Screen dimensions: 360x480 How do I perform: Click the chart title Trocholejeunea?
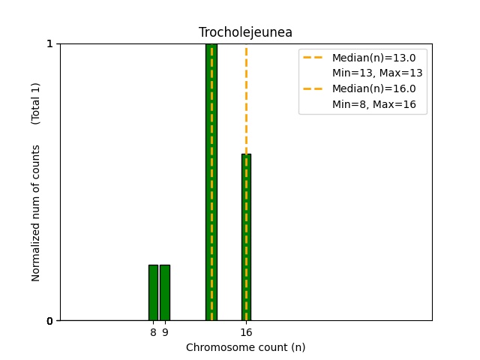[x=245, y=32]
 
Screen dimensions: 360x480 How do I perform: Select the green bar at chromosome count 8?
[x=153, y=292]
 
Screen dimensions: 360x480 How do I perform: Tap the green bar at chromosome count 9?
[x=164, y=292]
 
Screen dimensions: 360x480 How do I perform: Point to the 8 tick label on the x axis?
[x=153, y=331]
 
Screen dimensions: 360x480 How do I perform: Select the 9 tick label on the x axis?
[x=164, y=331]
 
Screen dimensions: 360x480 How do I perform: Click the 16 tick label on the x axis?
[x=246, y=331]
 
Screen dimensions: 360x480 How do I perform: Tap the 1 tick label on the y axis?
[x=50, y=43]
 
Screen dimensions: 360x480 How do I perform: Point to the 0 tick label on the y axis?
[x=50, y=321]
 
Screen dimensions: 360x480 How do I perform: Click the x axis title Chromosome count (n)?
[x=245, y=347]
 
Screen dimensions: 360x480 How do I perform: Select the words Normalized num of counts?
[x=36, y=213]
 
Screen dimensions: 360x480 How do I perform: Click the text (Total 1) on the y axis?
[x=36, y=103]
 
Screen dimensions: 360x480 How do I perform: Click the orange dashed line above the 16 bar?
[x=246, y=97]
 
